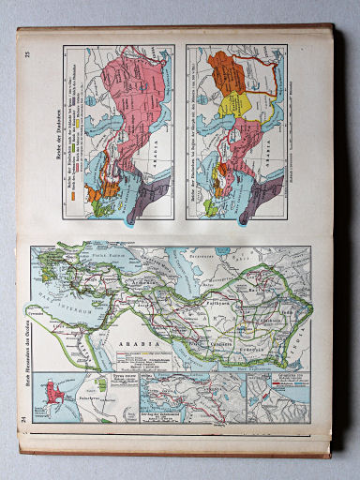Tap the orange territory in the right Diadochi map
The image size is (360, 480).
(225, 72)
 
